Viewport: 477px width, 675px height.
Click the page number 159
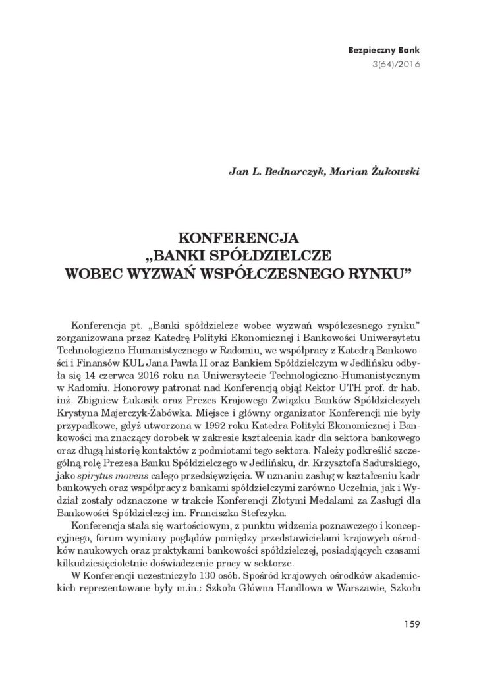click(409, 622)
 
